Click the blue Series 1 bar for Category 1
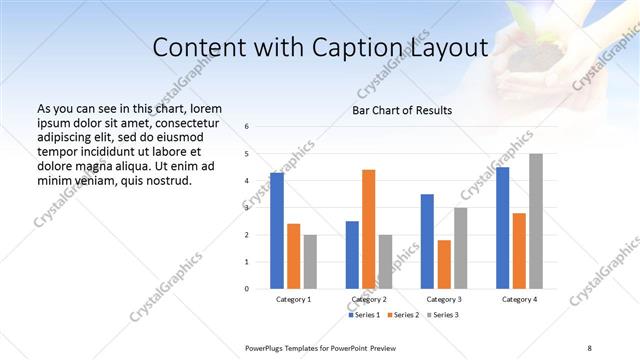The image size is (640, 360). click(x=277, y=231)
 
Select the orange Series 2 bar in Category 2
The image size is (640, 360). click(x=369, y=229)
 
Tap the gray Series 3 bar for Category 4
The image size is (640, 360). click(x=536, y=221)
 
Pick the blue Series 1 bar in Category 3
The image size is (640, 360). click(x=427, y=241)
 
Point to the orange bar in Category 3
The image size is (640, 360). click(x=444, y=264)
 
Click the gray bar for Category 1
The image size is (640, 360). click(x=310, y=261)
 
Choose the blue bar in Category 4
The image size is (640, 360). click(x=503, y=228)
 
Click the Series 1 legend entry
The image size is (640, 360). click(x=363, y=315)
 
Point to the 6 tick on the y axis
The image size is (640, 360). click(x=247, y=127)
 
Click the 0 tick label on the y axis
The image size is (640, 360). click(x=247, y=289)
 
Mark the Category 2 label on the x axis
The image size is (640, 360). click(x=369, y=299)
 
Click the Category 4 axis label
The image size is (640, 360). click(x=519, y=299)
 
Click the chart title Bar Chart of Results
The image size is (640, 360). click(x=401, y=110)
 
